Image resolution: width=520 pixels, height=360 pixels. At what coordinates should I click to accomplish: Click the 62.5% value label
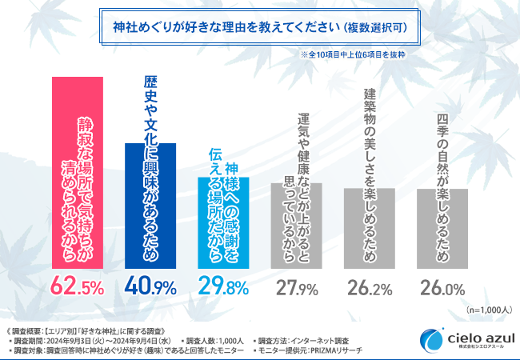click(78, 286)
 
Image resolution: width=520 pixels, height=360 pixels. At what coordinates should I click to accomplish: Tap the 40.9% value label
click(151, 286)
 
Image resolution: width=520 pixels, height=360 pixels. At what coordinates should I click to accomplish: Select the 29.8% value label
click(224, 286)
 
